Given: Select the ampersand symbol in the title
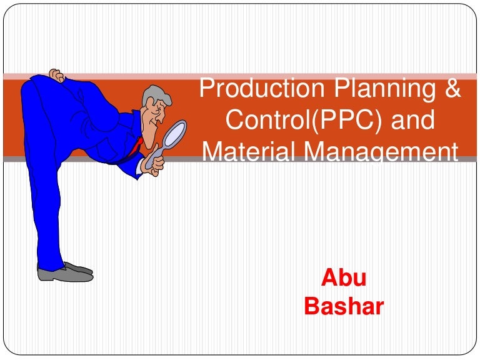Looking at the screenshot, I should click(x=452, y=89).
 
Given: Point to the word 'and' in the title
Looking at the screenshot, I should click(x=412, y=120).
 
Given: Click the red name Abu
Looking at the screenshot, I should click(x=343, y=279).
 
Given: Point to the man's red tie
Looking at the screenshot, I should click(x=135, y=147).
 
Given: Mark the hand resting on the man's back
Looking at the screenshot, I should click(x=56, y=76).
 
